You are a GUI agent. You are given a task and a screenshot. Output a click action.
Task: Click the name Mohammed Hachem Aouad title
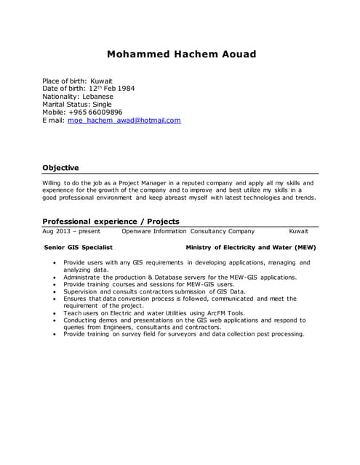181,54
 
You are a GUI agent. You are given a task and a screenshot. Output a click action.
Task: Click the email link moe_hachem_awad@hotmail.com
124,121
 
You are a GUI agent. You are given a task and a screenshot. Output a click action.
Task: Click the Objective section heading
60,168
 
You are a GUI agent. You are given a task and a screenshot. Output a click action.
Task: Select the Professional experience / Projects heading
111,221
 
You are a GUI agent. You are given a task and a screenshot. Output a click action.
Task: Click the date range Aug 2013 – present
71,232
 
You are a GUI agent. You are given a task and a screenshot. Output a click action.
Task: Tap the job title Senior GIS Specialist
79,248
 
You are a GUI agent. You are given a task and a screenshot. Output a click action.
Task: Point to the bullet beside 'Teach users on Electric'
55,313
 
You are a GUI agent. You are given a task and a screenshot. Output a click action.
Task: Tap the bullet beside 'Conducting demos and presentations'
55,320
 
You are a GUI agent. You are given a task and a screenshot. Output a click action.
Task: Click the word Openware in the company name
136,232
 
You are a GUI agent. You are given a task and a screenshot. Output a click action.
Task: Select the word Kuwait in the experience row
298,232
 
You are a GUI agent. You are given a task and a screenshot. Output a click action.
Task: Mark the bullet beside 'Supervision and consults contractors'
55,291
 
